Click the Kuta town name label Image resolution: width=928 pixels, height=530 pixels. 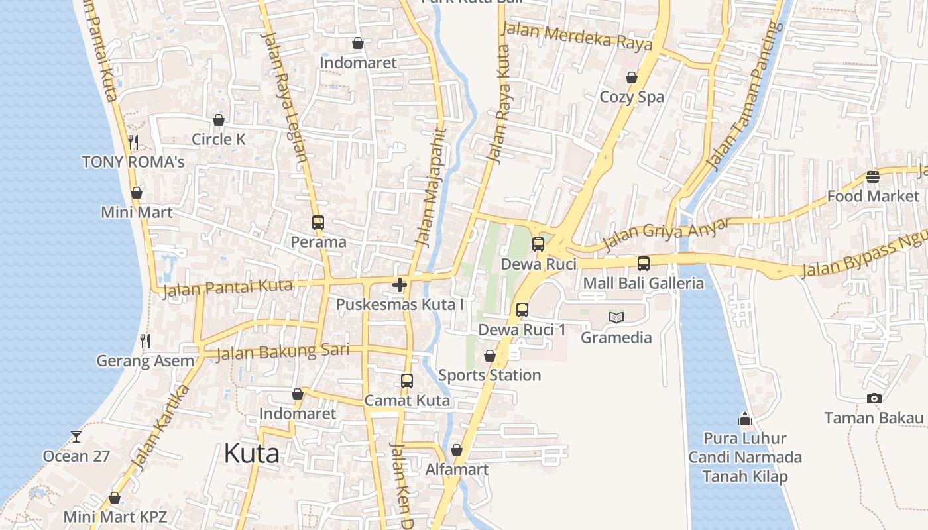[x=251, y=454]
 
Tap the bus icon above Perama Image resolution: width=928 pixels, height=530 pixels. [x=318, y=223]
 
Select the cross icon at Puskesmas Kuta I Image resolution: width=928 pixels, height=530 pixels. [x=399, y=286]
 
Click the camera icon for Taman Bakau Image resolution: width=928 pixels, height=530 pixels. [x=874, y=398]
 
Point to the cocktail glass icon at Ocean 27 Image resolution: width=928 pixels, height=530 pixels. [x=76, y=436]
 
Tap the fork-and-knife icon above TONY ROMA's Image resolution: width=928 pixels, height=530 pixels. [x=133, y=142]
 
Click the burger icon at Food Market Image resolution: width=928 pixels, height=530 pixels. [x=872, y=177]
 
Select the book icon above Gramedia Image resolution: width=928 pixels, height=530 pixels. [x=616, y=318]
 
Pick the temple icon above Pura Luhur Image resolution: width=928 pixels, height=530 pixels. [x=745, y=419]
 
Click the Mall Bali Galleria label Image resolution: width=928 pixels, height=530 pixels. [x=643, y=284]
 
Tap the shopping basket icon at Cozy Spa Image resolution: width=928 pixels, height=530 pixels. [x=632, y=78]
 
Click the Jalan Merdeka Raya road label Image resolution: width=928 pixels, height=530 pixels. [x=577, y=37]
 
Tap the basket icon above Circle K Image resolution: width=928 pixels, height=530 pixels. [x=218, y=120]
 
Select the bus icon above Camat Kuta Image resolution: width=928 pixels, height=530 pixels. [x=407, y=381]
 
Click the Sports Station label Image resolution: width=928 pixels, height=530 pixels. [x=490, y=376]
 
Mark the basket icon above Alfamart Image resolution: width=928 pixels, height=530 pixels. [x=456, y=450]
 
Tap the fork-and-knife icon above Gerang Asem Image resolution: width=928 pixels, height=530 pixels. [x=145, y=341]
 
